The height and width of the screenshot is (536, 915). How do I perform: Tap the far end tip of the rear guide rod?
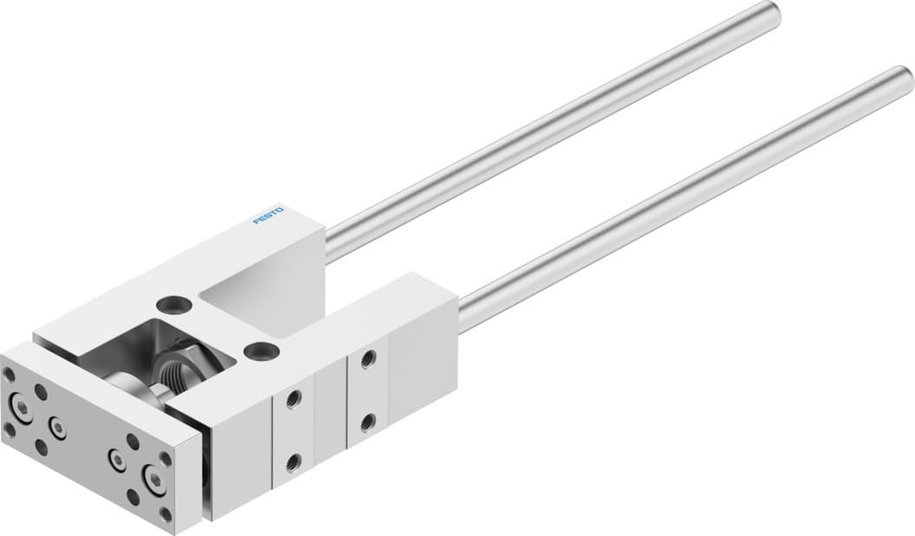tap(769, 12)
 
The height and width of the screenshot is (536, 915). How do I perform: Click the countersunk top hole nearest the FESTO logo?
tap(172, 304)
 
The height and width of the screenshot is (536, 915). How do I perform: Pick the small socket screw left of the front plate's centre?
tap(58, 427)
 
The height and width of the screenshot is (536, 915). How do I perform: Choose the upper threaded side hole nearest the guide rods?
tap(368, 357)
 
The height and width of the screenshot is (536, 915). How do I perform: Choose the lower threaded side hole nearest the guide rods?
tap(368, 422)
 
